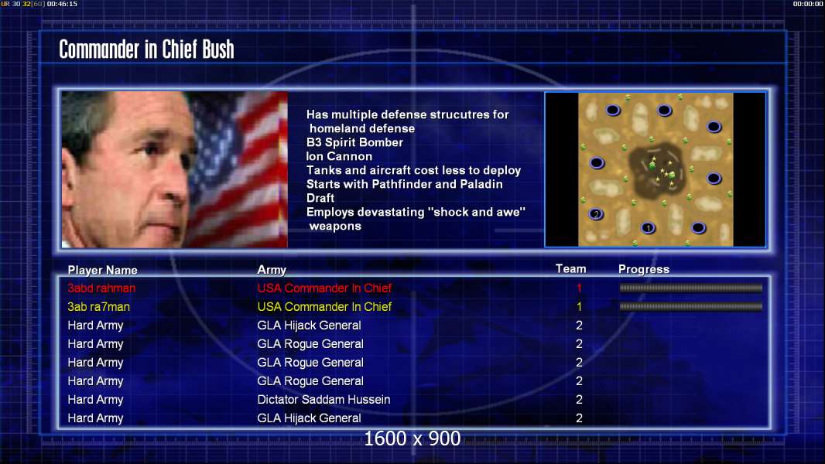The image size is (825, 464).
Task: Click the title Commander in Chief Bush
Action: coord(146,49)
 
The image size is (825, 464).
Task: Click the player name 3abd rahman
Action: coord(101,288)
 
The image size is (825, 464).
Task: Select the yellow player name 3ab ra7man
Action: coord(98,307)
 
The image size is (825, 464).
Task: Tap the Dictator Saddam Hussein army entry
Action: coord(323,399)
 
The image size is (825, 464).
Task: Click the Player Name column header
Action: coord(103,270)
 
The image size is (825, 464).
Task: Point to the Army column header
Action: coord(272,270)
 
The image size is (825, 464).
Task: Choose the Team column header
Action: coord(571,269)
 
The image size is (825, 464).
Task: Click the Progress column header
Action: coord(644,269)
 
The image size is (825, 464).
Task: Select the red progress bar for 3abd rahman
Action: coord(691,288)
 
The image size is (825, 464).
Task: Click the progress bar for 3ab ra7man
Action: coord(691,306)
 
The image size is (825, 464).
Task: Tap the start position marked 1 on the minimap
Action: coord(649,227)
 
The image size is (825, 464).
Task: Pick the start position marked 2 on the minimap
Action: coord(596,214)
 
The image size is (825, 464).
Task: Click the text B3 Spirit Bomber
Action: coord(354,142)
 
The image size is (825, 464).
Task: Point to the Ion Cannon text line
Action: coord(340,156)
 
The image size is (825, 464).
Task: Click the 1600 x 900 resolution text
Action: coord(412,438)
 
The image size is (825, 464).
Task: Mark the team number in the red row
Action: coord(580,288)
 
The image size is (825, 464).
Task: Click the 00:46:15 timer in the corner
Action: coord(62,4)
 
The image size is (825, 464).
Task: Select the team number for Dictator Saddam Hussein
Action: coord(580,399)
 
